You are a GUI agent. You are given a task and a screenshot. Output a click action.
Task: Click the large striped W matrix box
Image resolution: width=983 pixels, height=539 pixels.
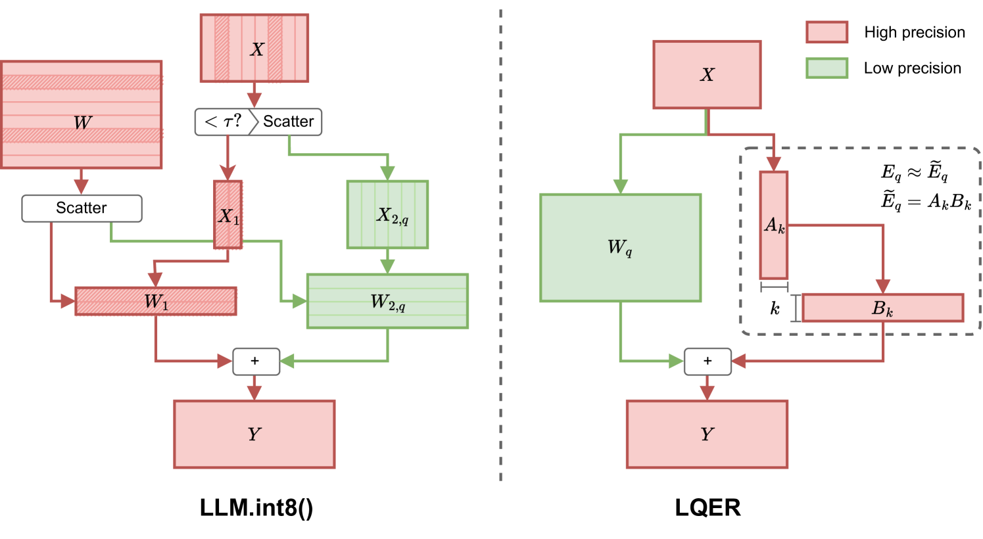pos(82,115)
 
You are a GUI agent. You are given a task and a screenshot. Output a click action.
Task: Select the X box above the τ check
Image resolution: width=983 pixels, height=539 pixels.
pos(254,49)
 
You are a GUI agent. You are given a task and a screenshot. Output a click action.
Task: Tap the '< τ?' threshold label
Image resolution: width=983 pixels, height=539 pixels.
pos(222,122)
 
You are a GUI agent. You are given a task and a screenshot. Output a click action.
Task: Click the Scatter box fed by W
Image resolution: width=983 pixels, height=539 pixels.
pos(82,208)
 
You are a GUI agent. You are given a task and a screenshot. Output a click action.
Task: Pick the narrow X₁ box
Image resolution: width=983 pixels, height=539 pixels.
pos(228,215)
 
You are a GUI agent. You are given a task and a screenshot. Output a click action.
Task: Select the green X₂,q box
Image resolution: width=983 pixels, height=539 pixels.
pos(387,215)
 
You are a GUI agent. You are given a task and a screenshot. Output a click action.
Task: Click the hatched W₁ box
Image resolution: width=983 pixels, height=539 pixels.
pos(156,301)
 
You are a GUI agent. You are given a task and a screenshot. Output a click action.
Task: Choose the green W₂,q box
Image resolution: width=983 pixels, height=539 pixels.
pos(387,301)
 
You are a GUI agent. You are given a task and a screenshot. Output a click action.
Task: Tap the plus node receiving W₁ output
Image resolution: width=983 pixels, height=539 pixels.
pos(256,361)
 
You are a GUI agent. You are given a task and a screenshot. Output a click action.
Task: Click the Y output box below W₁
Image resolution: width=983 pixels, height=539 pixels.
pos(254,434)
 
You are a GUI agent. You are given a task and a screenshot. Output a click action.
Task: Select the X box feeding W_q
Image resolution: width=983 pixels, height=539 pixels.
pos(707,74)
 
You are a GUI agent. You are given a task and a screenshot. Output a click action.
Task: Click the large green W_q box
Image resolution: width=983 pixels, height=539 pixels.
pos(620,248)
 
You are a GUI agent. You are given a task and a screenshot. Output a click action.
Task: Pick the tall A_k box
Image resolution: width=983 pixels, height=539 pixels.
pos(773,225)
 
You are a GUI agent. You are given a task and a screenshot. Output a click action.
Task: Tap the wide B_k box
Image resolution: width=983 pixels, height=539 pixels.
pos(882,308)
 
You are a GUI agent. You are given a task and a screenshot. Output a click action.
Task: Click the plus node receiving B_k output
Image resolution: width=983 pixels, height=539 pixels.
pos(707,361)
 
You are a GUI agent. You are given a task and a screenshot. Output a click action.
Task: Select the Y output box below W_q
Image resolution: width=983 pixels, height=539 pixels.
pos(707,434)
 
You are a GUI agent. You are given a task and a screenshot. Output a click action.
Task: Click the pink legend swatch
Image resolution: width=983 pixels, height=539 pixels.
pos(827,32)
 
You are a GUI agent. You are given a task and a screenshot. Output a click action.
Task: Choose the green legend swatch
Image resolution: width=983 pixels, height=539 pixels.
pos(827,68)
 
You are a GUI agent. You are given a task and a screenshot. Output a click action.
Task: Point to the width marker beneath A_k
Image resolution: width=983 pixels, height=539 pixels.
pos(774,287)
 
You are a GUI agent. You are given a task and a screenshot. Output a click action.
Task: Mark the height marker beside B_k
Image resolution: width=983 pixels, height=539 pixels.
pos(796,308)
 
